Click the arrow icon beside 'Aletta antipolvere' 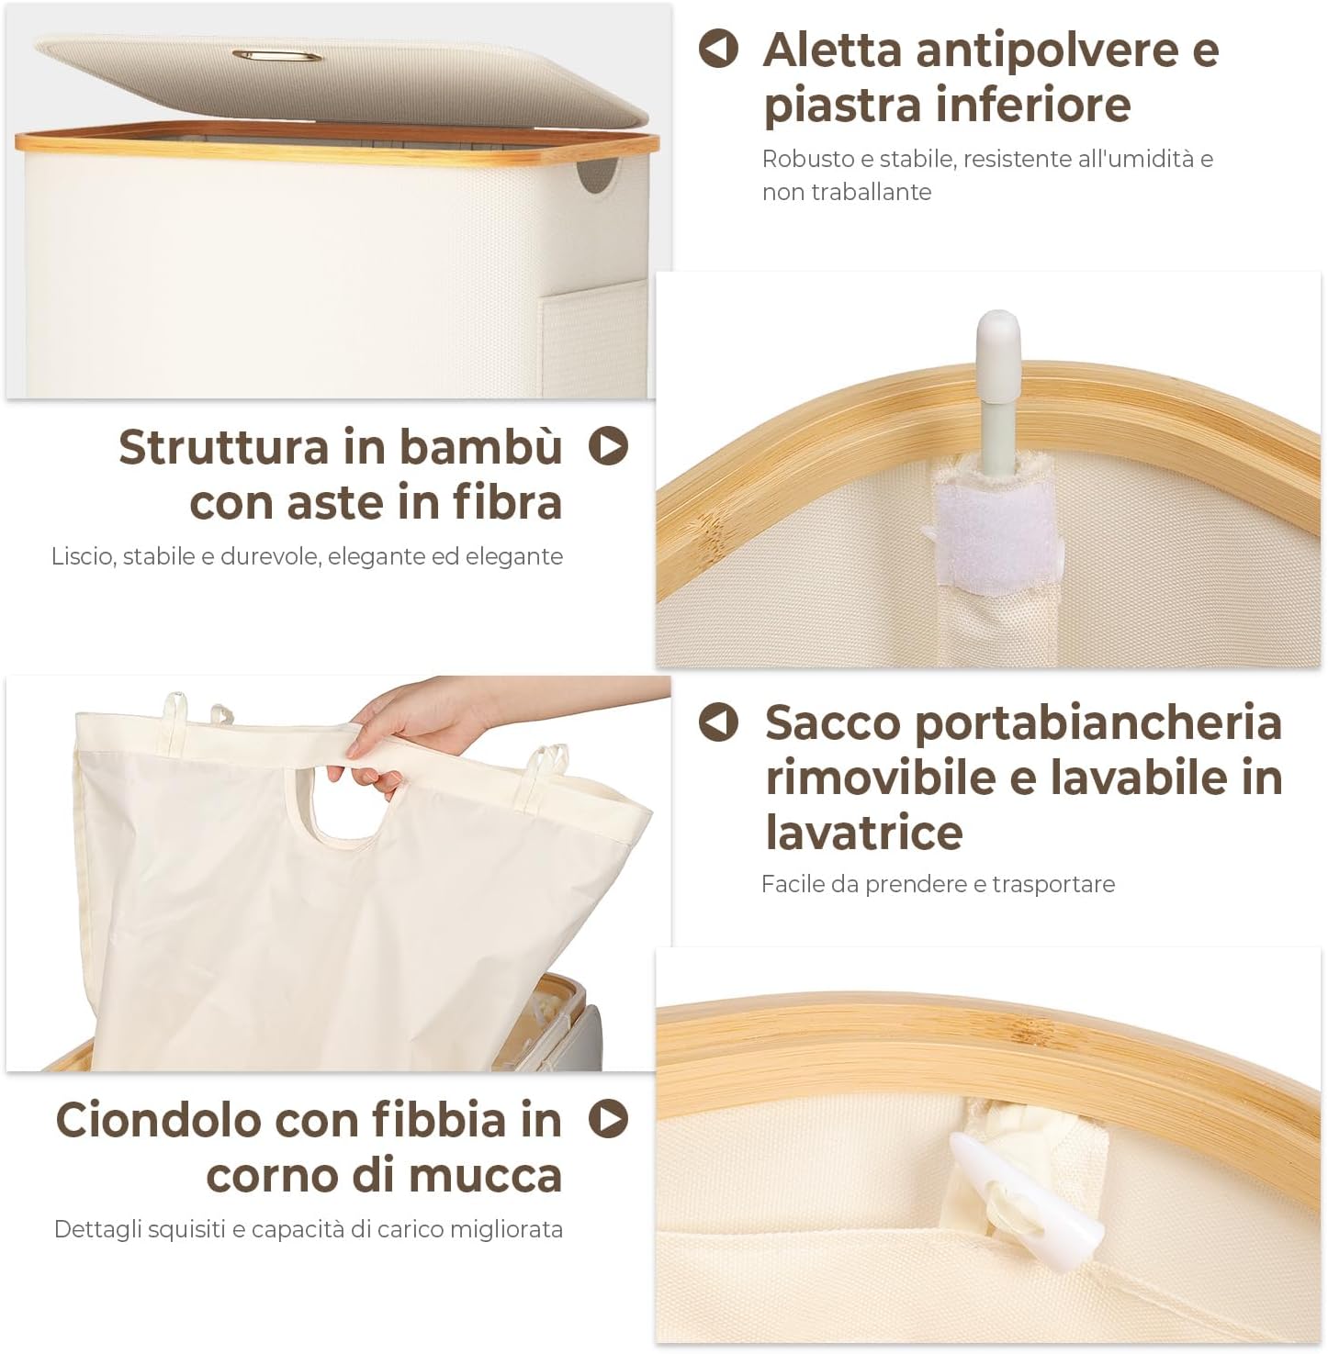[718, 49]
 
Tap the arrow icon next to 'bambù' [608, 446]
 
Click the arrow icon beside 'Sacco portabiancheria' [718, 722]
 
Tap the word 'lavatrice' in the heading [863, 833]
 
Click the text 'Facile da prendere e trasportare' [938, 884]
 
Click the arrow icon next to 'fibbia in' [608, 1118]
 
